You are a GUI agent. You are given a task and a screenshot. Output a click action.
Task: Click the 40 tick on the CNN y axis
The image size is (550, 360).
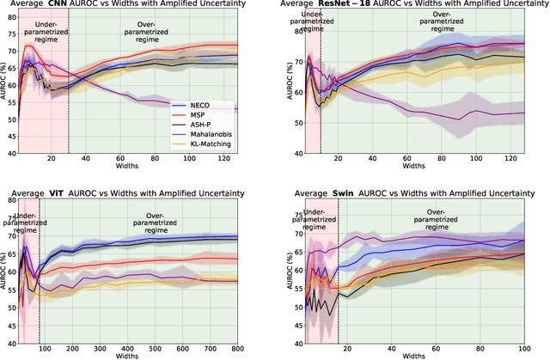(15, 155)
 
